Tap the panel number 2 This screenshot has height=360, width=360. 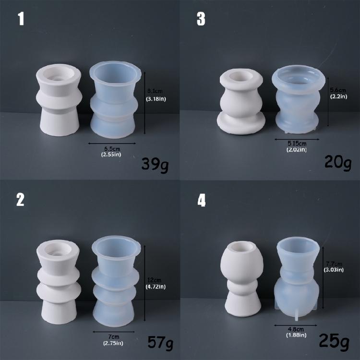pos(21,200)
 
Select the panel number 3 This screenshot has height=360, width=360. pos(201,20)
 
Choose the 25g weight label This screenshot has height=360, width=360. pos(335,341)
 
